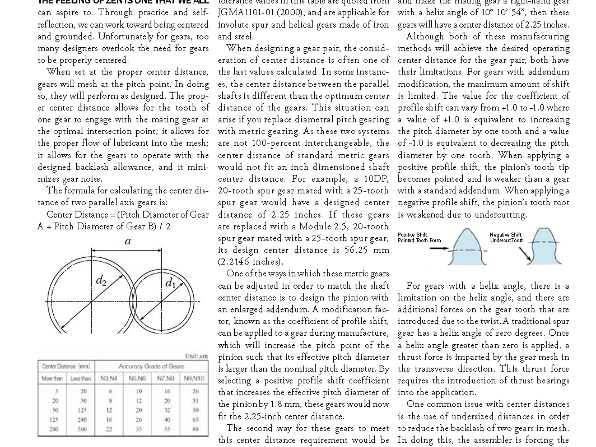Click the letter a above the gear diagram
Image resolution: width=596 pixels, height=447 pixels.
pos(127,241)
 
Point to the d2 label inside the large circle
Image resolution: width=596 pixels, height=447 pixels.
pos(101,280)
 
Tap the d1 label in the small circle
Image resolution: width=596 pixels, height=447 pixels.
pos(170,283)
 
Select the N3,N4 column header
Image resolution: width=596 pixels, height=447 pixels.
pos(109,378)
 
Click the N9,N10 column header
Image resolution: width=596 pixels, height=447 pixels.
pos(194,378)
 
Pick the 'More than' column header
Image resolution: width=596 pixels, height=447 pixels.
pos(52,378)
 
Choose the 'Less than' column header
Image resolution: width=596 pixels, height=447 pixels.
pos(80,378)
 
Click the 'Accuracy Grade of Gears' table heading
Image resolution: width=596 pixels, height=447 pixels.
pos(151,366)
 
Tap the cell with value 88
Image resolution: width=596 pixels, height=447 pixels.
pos(196,429)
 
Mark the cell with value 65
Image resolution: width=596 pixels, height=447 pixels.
pos(196,419)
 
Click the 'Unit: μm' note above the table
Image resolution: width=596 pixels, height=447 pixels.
pos(196,356)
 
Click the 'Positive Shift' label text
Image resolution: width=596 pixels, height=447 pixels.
pos(412,235)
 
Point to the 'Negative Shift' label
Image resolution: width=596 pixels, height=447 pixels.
pos(505,235)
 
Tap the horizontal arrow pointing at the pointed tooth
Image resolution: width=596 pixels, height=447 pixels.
pos(439,248)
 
